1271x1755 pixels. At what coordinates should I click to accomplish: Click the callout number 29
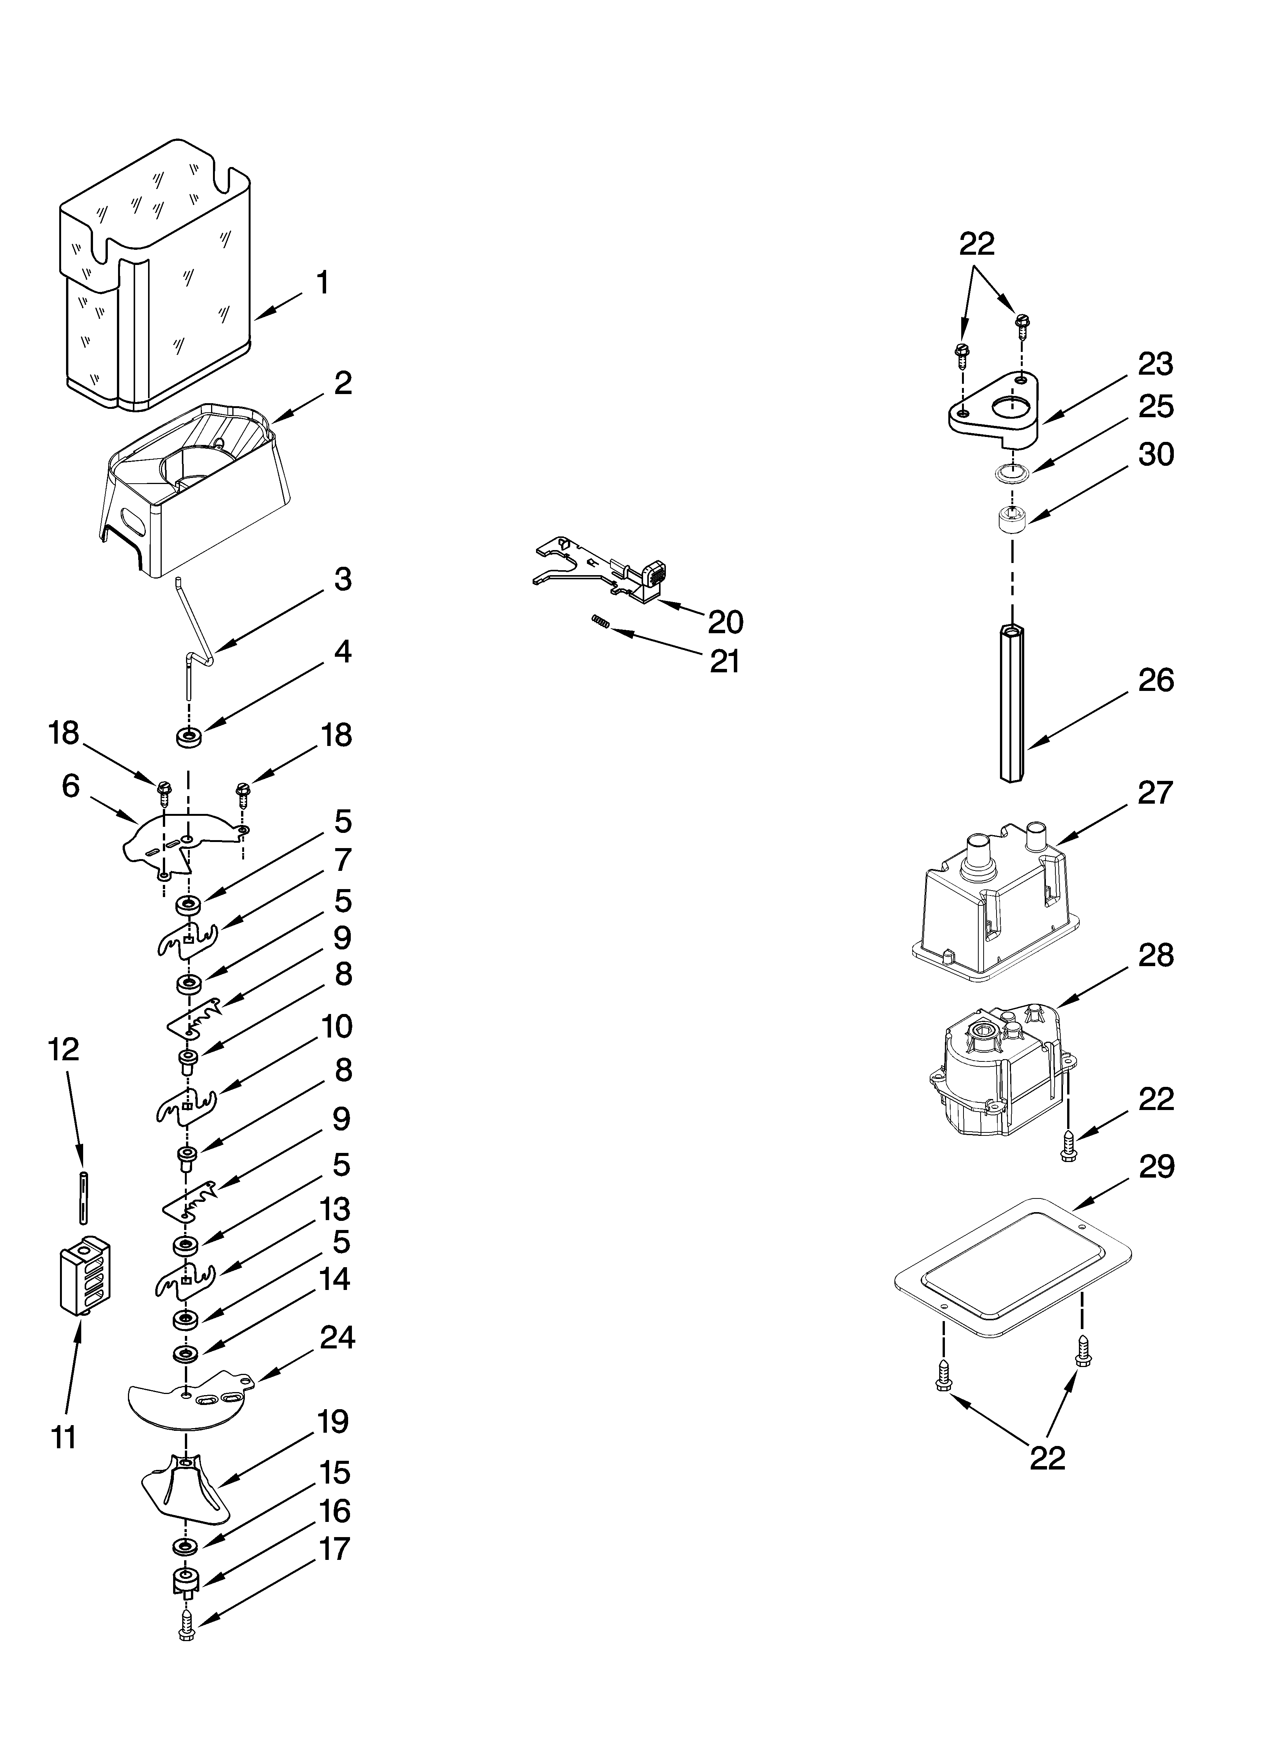pyautogui.click(x=1156, y=1167)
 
